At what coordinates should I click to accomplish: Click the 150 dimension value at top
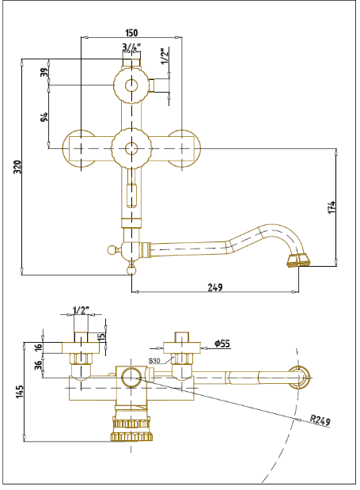131,32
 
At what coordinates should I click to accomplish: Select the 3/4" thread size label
131,47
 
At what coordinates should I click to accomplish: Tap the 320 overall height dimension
18,167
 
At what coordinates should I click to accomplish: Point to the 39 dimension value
45,72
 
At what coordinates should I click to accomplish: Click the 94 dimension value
45,116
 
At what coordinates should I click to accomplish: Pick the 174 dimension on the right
332,207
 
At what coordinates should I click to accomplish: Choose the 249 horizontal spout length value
215,287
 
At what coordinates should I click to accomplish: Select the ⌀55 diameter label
222,344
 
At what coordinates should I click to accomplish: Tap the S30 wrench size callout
154,361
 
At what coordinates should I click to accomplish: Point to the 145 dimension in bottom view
20,392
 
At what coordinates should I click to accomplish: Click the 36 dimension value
38,365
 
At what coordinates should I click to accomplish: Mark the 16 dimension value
38,347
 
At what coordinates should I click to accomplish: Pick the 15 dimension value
102,337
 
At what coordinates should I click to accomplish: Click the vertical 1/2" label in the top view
165,56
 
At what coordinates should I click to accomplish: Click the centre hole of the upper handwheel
131,85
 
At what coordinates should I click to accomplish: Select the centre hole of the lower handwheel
131,149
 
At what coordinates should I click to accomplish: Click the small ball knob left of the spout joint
111,249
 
